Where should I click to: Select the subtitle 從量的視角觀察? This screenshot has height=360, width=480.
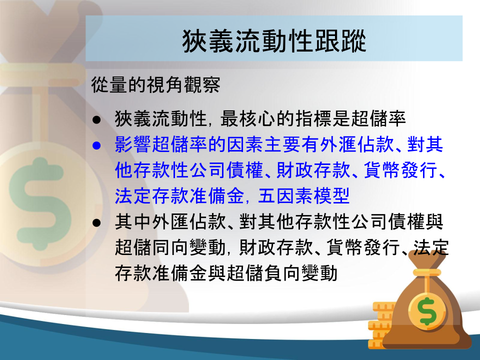tap(155, 84)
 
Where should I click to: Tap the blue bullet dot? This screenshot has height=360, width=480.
tap(96, 145)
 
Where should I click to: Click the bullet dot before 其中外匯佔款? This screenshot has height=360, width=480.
tap(96, 222)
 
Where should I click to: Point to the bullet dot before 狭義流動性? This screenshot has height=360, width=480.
tap(96, 119)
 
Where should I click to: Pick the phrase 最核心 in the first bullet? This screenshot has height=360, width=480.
tap(248, 119)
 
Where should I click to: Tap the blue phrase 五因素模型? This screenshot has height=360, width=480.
tap(303, 196)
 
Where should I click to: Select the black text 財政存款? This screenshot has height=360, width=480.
tap(276, 247)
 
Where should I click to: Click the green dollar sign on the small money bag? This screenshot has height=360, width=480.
tap(427, 311)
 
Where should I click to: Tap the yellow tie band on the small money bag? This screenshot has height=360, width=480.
tap(427, 273)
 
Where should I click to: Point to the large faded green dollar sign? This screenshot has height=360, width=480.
tap(40, 203)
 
